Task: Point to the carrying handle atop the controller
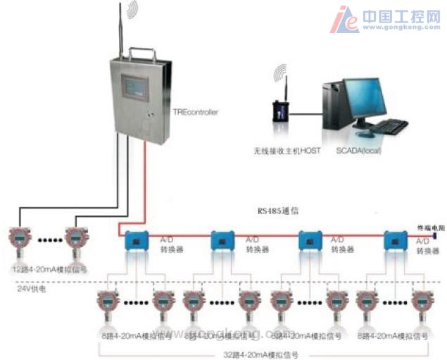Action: tap(141, 54)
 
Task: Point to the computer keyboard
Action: tap(388, 127)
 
